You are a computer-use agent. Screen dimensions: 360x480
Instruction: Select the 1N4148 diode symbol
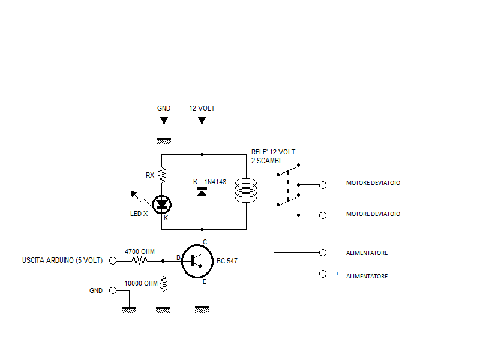[x=202, y=191]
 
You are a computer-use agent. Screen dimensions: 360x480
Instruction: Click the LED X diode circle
[x=162, y=205]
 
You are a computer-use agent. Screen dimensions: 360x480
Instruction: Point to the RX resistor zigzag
[x=162, y=175]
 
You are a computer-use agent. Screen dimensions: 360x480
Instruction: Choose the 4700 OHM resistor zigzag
[x=139, y=261]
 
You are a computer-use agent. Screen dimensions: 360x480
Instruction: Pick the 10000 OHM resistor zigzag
[x=162, y=284]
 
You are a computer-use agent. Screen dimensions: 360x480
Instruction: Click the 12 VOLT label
[x=202, y=109]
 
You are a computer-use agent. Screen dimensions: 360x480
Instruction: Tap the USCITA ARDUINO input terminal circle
[x=112, y=261]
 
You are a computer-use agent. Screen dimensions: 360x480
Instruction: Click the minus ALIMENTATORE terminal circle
[x=323, y=252]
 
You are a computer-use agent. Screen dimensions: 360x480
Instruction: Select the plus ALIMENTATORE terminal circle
[x=323, y=274]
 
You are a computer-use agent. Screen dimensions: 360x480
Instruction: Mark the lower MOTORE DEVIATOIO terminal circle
[x=323, y=214]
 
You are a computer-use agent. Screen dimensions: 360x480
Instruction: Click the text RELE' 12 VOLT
[x=273, y=152]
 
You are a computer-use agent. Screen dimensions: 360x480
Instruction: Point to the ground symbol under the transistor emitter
[x=202, y=308]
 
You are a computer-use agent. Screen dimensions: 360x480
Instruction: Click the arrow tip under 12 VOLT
[x=202, y=122]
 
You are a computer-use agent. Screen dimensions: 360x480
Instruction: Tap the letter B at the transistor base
[x=178, y=258]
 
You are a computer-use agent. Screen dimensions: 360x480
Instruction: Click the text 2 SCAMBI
[x=266, y=161]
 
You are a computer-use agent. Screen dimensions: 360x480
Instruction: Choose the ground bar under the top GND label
[x=164, y=141]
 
